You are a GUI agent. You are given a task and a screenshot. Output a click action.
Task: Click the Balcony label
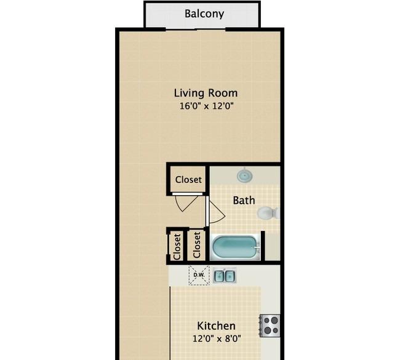[x=204, y=14]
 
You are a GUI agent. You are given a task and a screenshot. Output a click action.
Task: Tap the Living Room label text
[x=206, y=93]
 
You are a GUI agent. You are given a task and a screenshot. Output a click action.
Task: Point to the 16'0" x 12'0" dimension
[x=207, y=106]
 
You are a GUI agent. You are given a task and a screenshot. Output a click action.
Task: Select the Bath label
[x=244, y=200]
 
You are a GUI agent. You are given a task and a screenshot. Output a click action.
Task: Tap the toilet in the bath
[x=268, y=213]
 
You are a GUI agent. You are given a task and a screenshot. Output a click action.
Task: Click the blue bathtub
[x=235, y=247]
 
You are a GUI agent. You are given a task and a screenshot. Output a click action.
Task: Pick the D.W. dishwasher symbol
[x=199, y=275]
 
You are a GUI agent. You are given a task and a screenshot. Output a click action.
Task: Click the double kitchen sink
[x=225, y=276]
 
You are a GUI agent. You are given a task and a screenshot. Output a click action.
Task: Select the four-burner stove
[x=270, y=326]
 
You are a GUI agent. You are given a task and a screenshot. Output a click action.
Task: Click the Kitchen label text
[x=216, y=326]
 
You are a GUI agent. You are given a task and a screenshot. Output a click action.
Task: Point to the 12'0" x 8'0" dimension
[x=217, y=338]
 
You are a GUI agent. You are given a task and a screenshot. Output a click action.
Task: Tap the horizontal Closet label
[x=188, y=180]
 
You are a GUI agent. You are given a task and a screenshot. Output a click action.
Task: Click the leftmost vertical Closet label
[x=177, y=247]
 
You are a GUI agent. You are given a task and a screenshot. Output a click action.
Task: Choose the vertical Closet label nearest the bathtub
[x=197, y=245]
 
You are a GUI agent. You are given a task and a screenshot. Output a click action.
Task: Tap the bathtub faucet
[x=257, y=247]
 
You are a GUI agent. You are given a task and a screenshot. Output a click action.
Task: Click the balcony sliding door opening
[x=196, y=30]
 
